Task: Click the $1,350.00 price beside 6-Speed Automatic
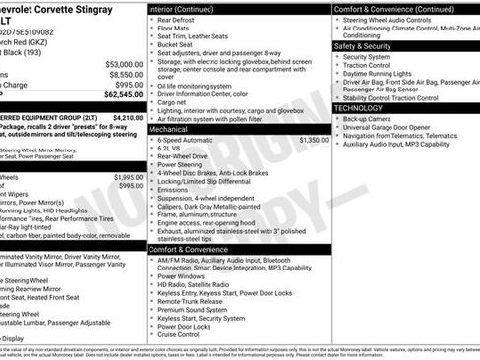pos(313,140)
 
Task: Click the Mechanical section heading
pos(168,129)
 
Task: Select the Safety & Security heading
pos(362,46)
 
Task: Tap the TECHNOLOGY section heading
pos(360,108)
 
